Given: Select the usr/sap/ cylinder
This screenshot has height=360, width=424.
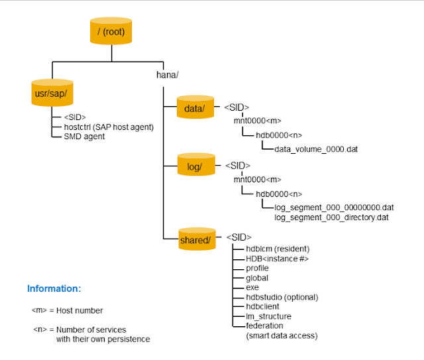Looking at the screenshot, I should click(52, 93).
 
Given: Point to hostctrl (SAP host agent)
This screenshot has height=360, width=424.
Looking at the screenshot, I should click(109, 127).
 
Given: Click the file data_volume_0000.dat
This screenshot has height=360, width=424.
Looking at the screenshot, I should click(316, 149).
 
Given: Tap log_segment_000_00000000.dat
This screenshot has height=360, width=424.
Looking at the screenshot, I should click(334, 207).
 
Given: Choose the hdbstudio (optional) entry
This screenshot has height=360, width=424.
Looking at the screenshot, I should click(282, 297).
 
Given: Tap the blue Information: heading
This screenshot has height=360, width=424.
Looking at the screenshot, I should click(54, 289).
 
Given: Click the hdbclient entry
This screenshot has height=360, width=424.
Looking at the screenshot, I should click(263, 306).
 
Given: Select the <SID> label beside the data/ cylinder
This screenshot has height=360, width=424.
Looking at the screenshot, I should click(237, 107).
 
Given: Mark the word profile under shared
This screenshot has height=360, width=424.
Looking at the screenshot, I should click(257, 268).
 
